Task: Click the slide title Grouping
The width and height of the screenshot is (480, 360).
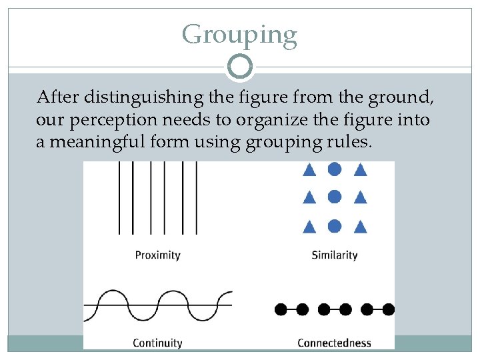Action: click(x=239, y=34)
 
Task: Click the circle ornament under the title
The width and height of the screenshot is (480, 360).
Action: click(x=239, y=67)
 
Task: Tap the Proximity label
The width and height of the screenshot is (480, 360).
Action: click(x=157, y=255)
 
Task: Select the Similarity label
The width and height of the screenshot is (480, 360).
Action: click(x=335, y=255)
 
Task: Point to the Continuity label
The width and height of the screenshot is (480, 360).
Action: click(x=157, y=343)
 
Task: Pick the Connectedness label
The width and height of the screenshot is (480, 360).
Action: click(x=334, y=343)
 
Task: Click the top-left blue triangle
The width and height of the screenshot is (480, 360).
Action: click(x=309, y=170)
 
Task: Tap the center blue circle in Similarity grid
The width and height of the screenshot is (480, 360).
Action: click(x=335, y=197)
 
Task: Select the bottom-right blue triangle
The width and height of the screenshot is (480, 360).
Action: click(x=361, y=227)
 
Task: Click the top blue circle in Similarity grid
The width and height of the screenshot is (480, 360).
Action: click(x=335, y=169)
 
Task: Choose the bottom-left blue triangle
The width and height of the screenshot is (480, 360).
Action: click(x=309, y=227)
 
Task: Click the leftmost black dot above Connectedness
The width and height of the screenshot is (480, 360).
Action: click(x=281, y=309)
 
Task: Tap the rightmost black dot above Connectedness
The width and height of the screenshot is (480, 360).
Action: click(x=389, y=309)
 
